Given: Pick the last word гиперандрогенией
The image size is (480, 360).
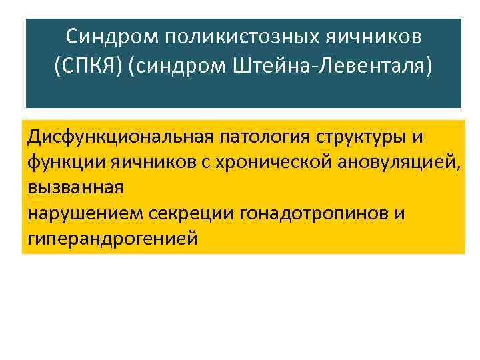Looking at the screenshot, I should (x=113, y=238).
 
